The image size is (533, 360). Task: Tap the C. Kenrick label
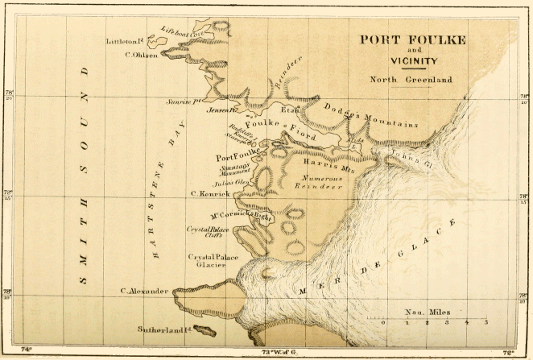210,194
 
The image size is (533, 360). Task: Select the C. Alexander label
144,291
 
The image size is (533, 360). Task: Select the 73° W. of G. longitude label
268,351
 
